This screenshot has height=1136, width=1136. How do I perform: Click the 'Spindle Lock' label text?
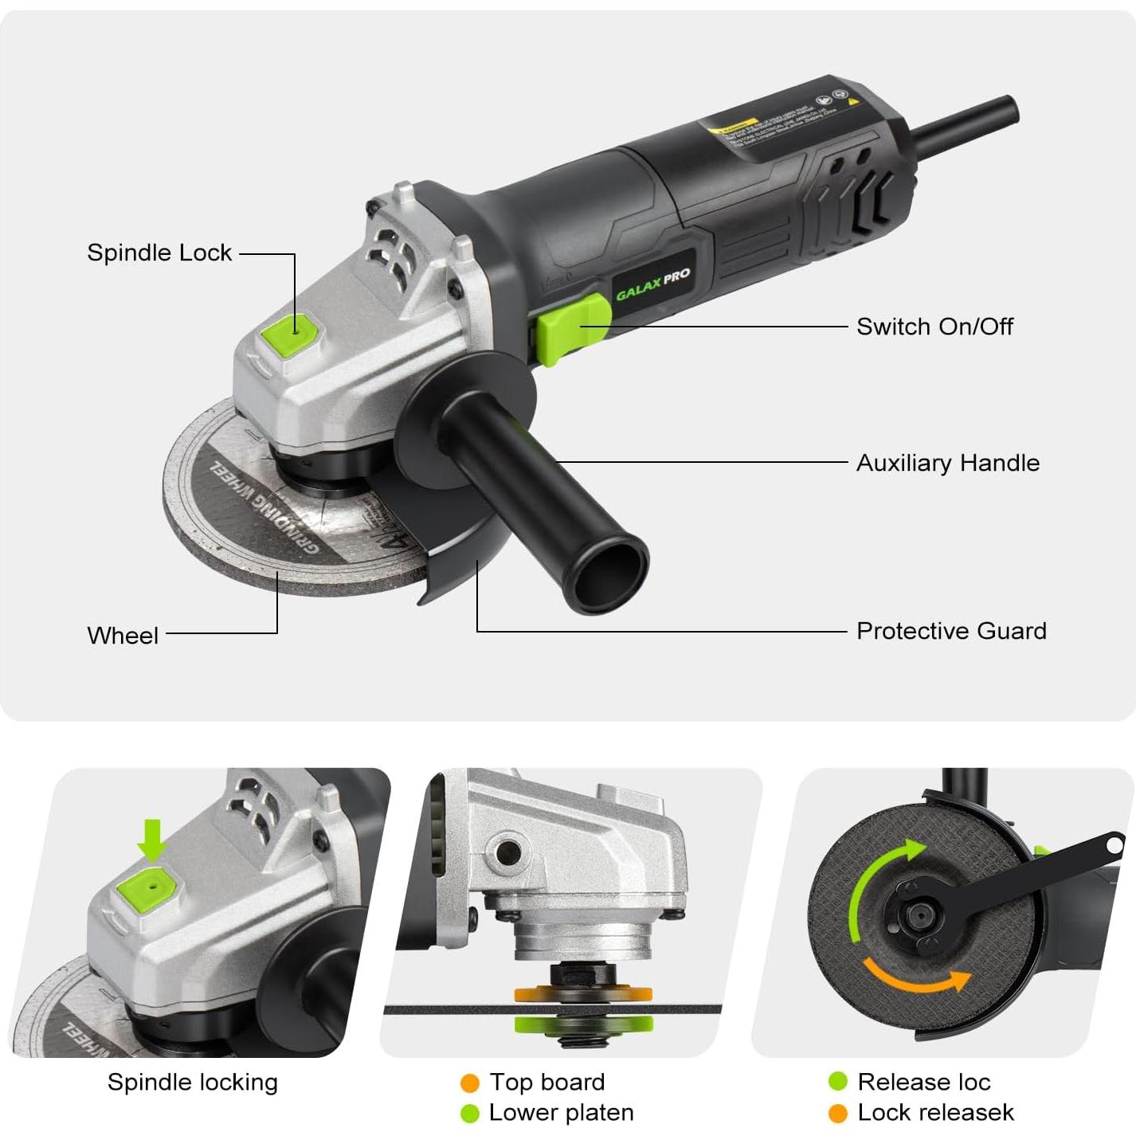tap(159, 253)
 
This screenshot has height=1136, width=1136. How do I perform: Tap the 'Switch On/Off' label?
tap(934, 327)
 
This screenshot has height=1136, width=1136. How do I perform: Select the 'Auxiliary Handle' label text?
tap(947, 463)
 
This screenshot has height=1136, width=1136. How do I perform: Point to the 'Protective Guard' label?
tap(951, 631)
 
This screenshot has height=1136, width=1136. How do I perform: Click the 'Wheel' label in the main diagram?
tap(123, 636)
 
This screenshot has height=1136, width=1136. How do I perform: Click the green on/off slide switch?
tap(570, 327)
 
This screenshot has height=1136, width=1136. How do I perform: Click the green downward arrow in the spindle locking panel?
tap(151, 840)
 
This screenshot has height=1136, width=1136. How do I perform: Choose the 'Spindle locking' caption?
tap(193, 1082)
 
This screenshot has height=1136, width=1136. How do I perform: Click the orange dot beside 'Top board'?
tap(470, 1083)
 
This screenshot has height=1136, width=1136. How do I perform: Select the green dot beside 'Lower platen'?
tap(470, 1113)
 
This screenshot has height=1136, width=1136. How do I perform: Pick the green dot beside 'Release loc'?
tap(838, 1082)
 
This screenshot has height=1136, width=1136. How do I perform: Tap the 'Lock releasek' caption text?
tap(935, 1112)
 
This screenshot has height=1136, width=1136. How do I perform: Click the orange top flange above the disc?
tap(582, 993)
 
